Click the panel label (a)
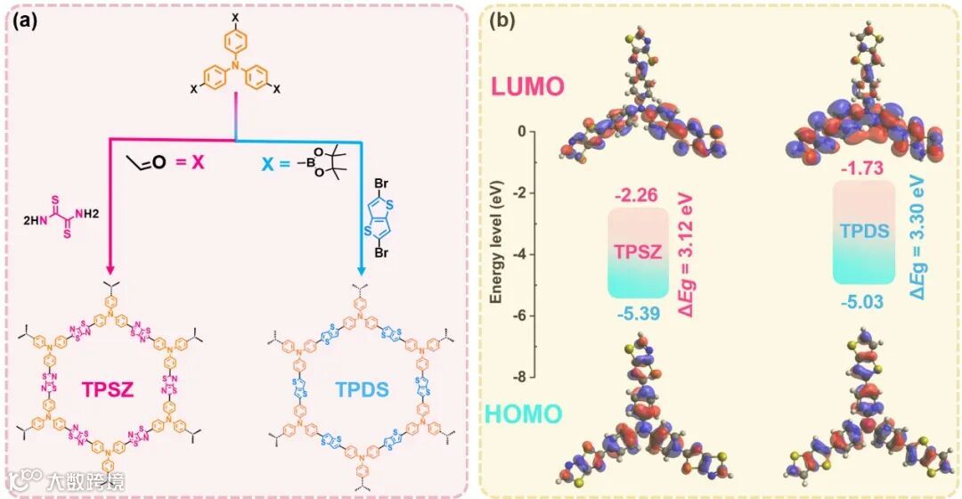(x=24, y=20)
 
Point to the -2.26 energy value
(x=636, y=192)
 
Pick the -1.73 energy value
(x=861, y=166)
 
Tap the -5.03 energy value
(x=861, y=301)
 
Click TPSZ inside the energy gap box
(x=636, y=252)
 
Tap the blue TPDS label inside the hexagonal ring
(x=363, y=389)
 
